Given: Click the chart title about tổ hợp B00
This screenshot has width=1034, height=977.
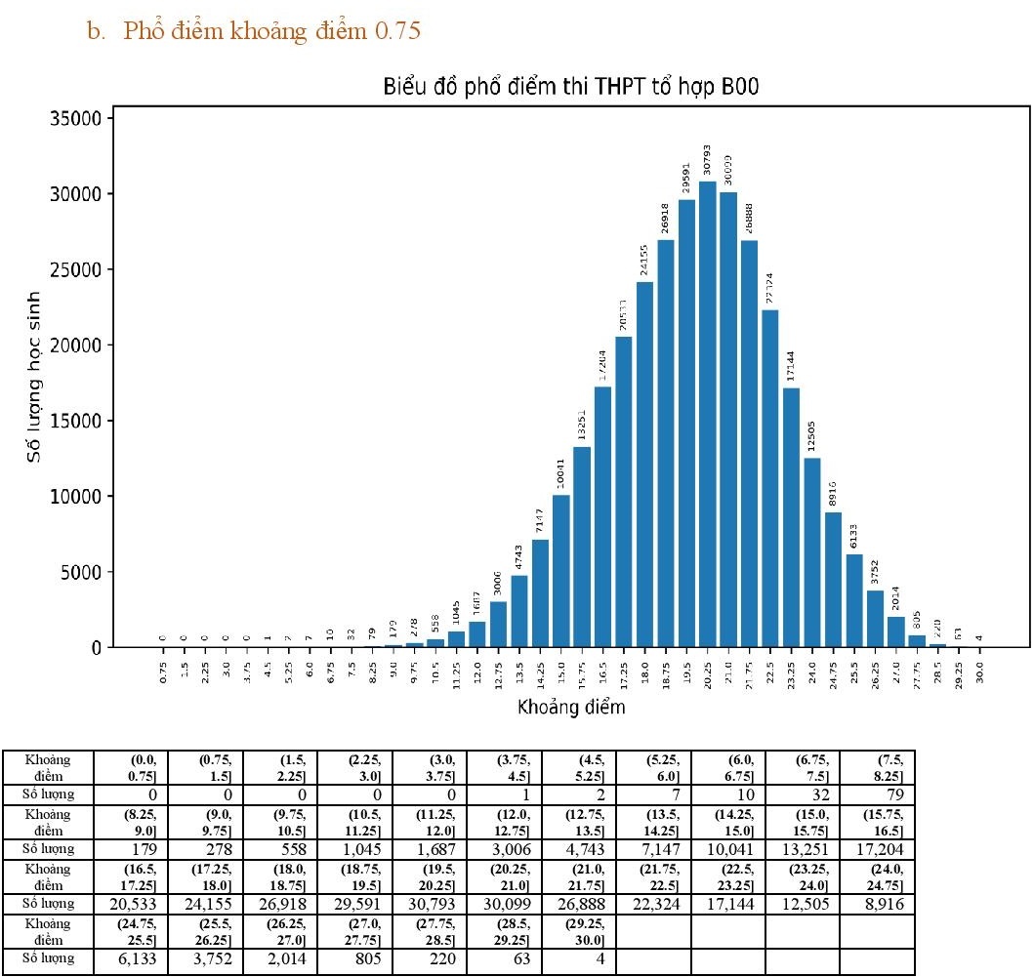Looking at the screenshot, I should click(x=570, y=88).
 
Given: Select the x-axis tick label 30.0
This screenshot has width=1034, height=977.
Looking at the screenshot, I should click(x=979, y=672).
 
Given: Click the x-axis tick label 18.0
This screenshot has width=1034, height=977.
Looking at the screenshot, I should click(x=645, y=672).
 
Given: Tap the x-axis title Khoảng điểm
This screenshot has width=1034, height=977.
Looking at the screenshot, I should click(x=570, y=707).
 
